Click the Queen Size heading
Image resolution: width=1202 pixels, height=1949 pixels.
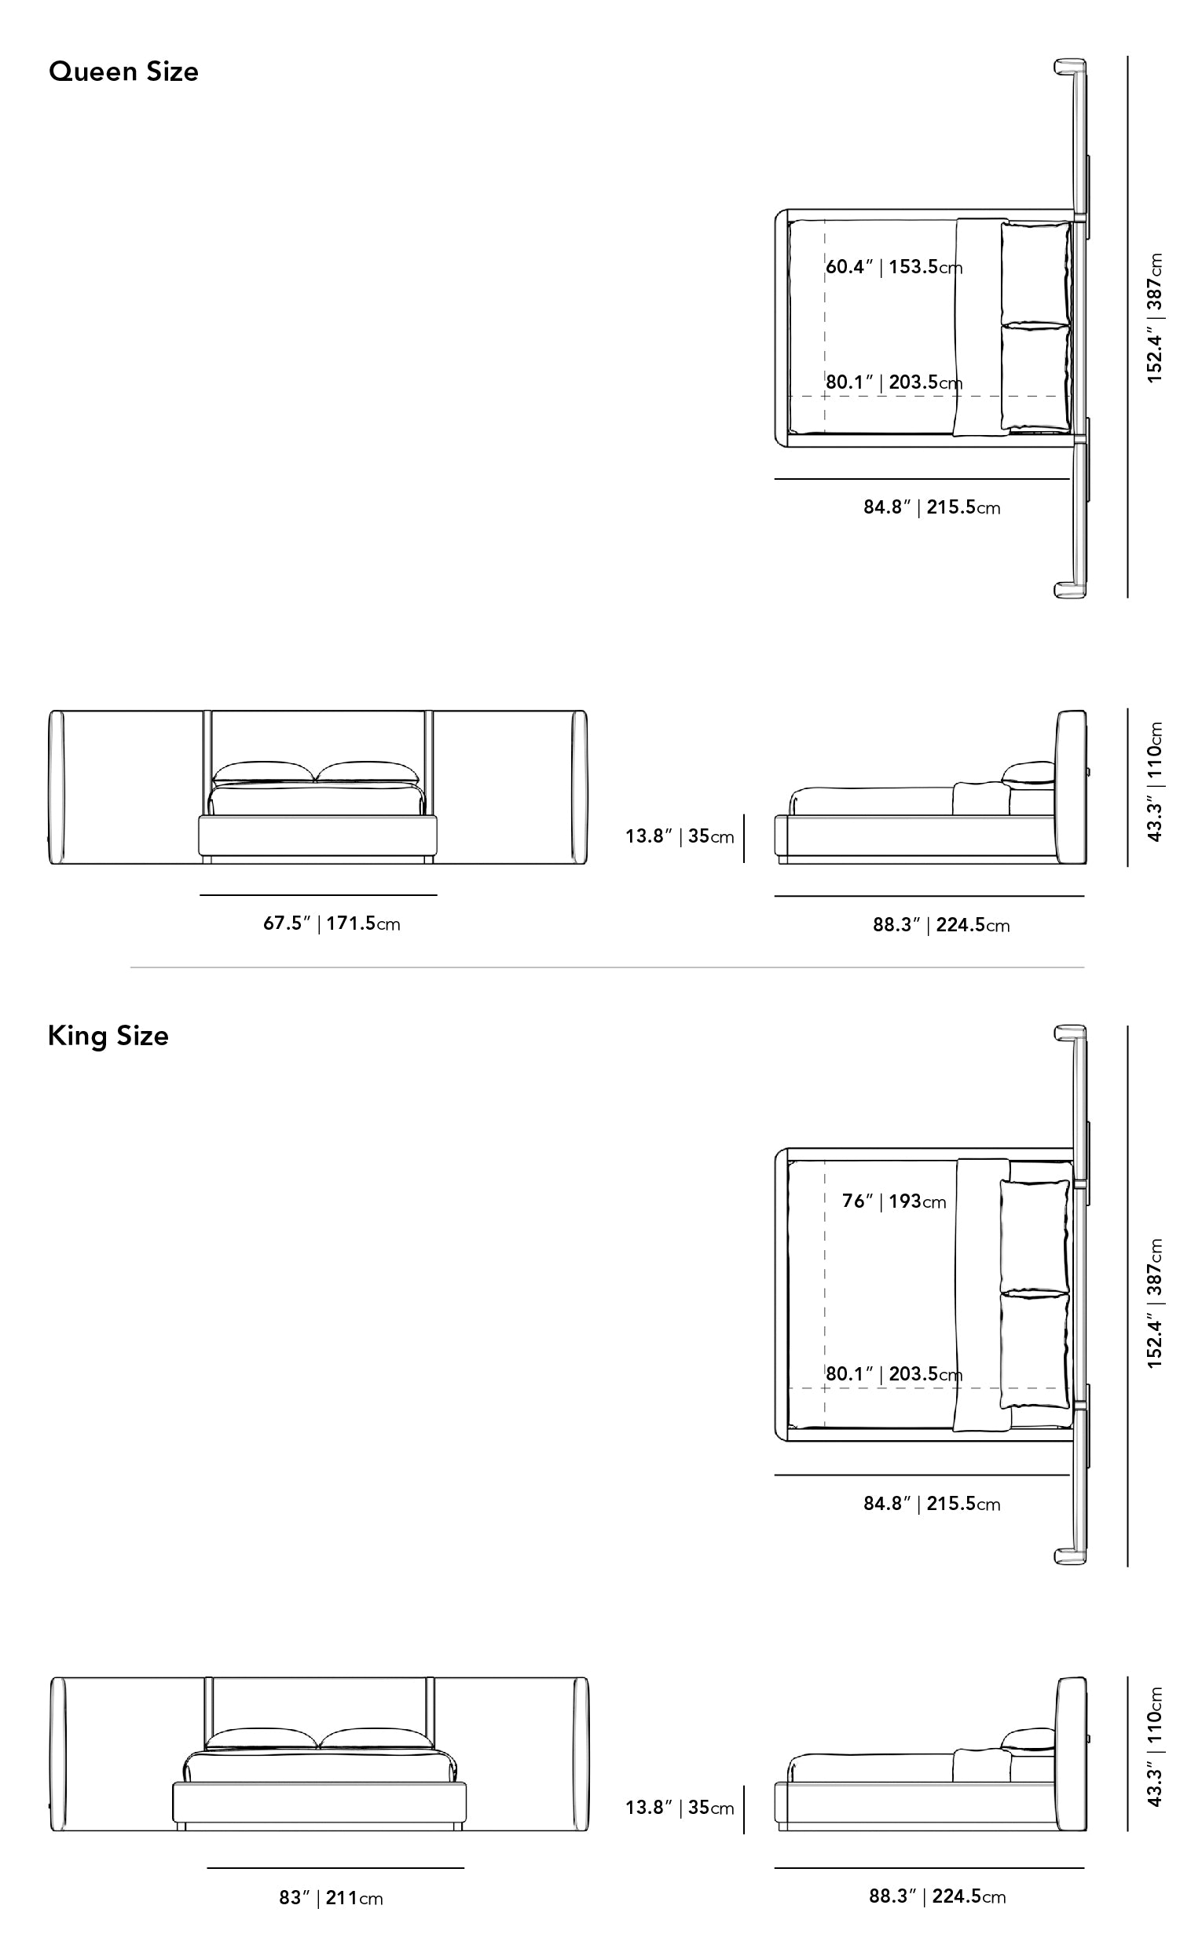(123, 72)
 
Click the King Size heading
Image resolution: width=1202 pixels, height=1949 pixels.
(108, 1036)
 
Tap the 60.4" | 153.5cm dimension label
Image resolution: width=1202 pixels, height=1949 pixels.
(894, 267)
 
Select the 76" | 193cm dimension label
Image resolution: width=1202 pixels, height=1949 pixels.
(894, 1201)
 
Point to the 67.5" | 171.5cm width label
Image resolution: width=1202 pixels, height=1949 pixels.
(332, 923)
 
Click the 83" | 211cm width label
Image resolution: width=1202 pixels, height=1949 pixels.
(331, 1898)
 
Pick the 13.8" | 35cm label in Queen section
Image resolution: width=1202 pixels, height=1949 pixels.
(680, 836)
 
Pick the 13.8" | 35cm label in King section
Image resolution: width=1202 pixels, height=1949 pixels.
(680, 1808)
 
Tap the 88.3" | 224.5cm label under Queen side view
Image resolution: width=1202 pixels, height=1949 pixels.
(941, 925)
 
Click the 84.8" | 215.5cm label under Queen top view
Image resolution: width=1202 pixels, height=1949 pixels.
(932, 507)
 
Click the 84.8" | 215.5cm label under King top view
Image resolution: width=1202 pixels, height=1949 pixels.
(932, 1504)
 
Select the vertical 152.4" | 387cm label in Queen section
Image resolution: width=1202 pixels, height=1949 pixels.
(1155, 318)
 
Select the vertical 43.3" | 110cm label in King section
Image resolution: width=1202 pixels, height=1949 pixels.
(1155, 1747)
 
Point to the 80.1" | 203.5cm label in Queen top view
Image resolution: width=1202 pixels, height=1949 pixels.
(894, 382)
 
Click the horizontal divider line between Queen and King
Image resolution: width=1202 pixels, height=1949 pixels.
(606, 967)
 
